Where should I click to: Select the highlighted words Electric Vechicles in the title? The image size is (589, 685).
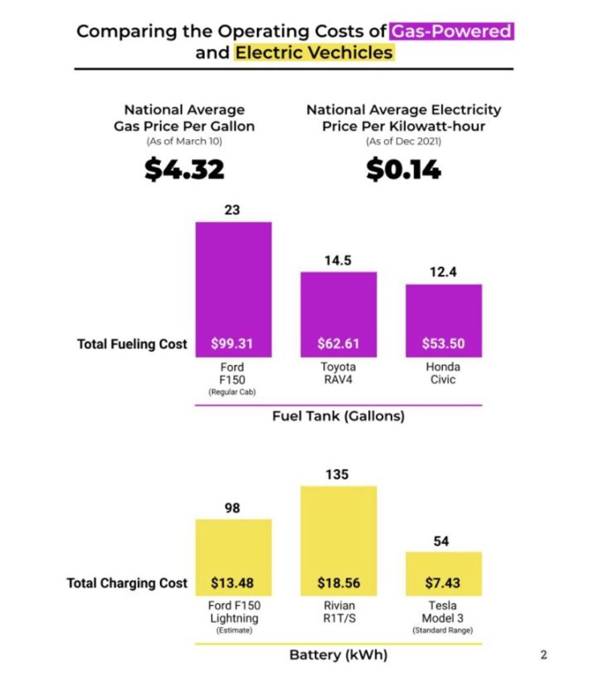click(x=314, y=53)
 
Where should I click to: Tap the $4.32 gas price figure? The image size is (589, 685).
click(x=184, y=170)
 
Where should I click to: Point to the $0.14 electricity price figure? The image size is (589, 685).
click(x=403, y=170)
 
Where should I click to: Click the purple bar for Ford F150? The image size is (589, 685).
click(x=233, y=281)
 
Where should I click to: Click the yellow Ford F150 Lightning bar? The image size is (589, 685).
click(x=233, y=549)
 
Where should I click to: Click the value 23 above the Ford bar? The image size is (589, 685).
click(x=232, y=210)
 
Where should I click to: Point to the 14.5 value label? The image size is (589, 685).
click(x=338, y=261)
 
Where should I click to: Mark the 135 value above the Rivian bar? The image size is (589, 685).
click(x=338, y=475)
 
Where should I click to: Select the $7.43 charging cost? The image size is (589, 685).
click(x=443, y=583)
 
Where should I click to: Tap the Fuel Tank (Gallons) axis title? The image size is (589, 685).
click(x=338, y=416)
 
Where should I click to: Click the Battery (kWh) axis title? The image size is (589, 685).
click(x=338, y=655)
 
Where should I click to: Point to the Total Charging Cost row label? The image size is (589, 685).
click(x=127, y=583)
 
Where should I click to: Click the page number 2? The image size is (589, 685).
click(x=543, y=655)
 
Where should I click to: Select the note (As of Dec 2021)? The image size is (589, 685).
click(x=403, y=142)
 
